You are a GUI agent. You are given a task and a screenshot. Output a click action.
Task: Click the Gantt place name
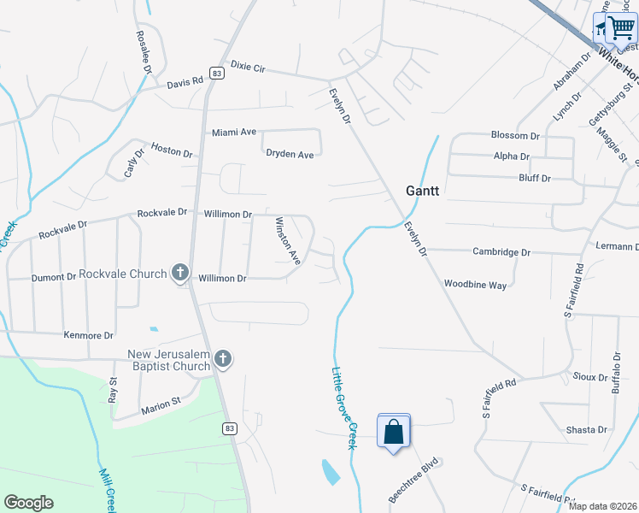coord(422,192)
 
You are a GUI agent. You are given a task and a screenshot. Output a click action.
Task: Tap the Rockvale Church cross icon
coord(179,274)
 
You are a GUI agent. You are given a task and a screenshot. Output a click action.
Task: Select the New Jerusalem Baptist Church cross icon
coord(223,359)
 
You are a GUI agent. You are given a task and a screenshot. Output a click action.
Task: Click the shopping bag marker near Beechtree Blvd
coord(394,432)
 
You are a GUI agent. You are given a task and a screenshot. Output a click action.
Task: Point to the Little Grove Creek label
coord(343,408)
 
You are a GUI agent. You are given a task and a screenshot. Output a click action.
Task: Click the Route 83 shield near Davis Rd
coord(218,74)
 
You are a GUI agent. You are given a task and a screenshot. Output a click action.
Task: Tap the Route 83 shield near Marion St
coord(229,427)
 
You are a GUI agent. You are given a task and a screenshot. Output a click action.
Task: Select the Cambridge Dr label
coord(501,252)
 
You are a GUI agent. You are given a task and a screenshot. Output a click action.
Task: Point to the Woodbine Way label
coord(475,284)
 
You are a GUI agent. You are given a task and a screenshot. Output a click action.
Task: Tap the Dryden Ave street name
coord(290,154)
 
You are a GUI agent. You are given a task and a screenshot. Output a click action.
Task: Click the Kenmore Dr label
coord(88,336)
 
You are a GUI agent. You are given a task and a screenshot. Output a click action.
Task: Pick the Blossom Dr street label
coord(515,135)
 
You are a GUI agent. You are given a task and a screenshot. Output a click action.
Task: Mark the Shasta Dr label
coord(586,429)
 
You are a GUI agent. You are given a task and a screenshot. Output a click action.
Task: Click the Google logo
coord(28,503)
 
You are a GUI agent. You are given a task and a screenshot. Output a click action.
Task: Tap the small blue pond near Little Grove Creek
coord(330,471)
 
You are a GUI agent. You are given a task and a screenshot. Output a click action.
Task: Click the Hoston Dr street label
coord(172,150)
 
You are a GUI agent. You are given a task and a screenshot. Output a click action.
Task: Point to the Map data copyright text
coord(602,506)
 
